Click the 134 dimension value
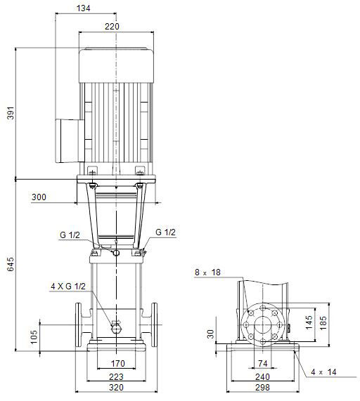pos(84,8)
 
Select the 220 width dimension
pos(112,27)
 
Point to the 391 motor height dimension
pos(11,112)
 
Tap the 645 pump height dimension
pos(11,264)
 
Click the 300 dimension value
pos(39,197)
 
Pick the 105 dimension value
pos(34,336)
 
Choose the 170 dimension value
pos(118,363)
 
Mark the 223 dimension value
pos(116,376)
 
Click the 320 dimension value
pos(116,387)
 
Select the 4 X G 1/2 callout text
pos(68,286)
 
